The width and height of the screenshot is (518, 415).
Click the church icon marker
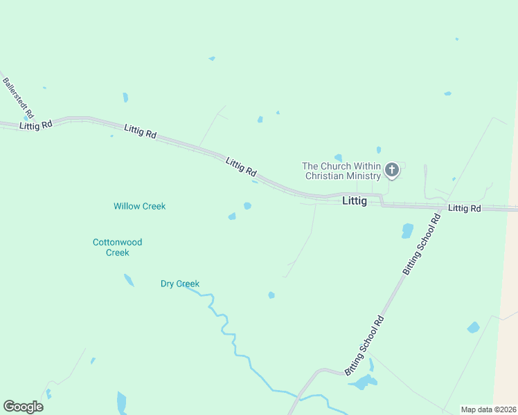pos(391,169)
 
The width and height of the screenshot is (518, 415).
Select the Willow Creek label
pos(140,206)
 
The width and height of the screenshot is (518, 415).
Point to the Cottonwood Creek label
pos(118,247)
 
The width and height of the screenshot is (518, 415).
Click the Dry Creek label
pos(180,284)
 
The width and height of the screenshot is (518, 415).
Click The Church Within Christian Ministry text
pos(341,171)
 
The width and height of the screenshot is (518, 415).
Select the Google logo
pos(23,407)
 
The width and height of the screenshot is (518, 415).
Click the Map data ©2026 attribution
pos(488,409)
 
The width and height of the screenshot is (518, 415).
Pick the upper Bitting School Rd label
pos(421,245)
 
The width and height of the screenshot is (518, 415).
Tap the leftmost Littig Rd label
pos(36,125)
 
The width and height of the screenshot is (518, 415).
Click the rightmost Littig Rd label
pos(464,208)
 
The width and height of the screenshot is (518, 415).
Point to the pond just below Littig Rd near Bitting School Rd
pos(407,230)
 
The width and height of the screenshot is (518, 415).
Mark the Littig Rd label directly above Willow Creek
pos(140,131)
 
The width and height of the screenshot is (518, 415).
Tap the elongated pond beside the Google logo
pos(122,402)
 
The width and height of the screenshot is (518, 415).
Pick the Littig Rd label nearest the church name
pos(241,167)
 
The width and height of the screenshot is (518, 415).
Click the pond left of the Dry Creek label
pos(129,280)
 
